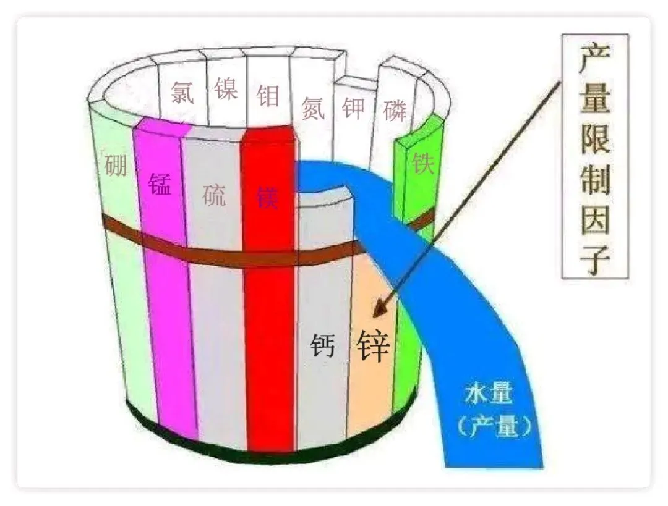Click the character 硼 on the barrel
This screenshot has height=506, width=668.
point(116,165)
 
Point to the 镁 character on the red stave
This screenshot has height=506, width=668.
point(268,197)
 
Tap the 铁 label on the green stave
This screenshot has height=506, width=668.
point(424,163)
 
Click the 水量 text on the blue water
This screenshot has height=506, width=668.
point(489,394)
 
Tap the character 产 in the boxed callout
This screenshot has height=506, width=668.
point(595,61)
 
